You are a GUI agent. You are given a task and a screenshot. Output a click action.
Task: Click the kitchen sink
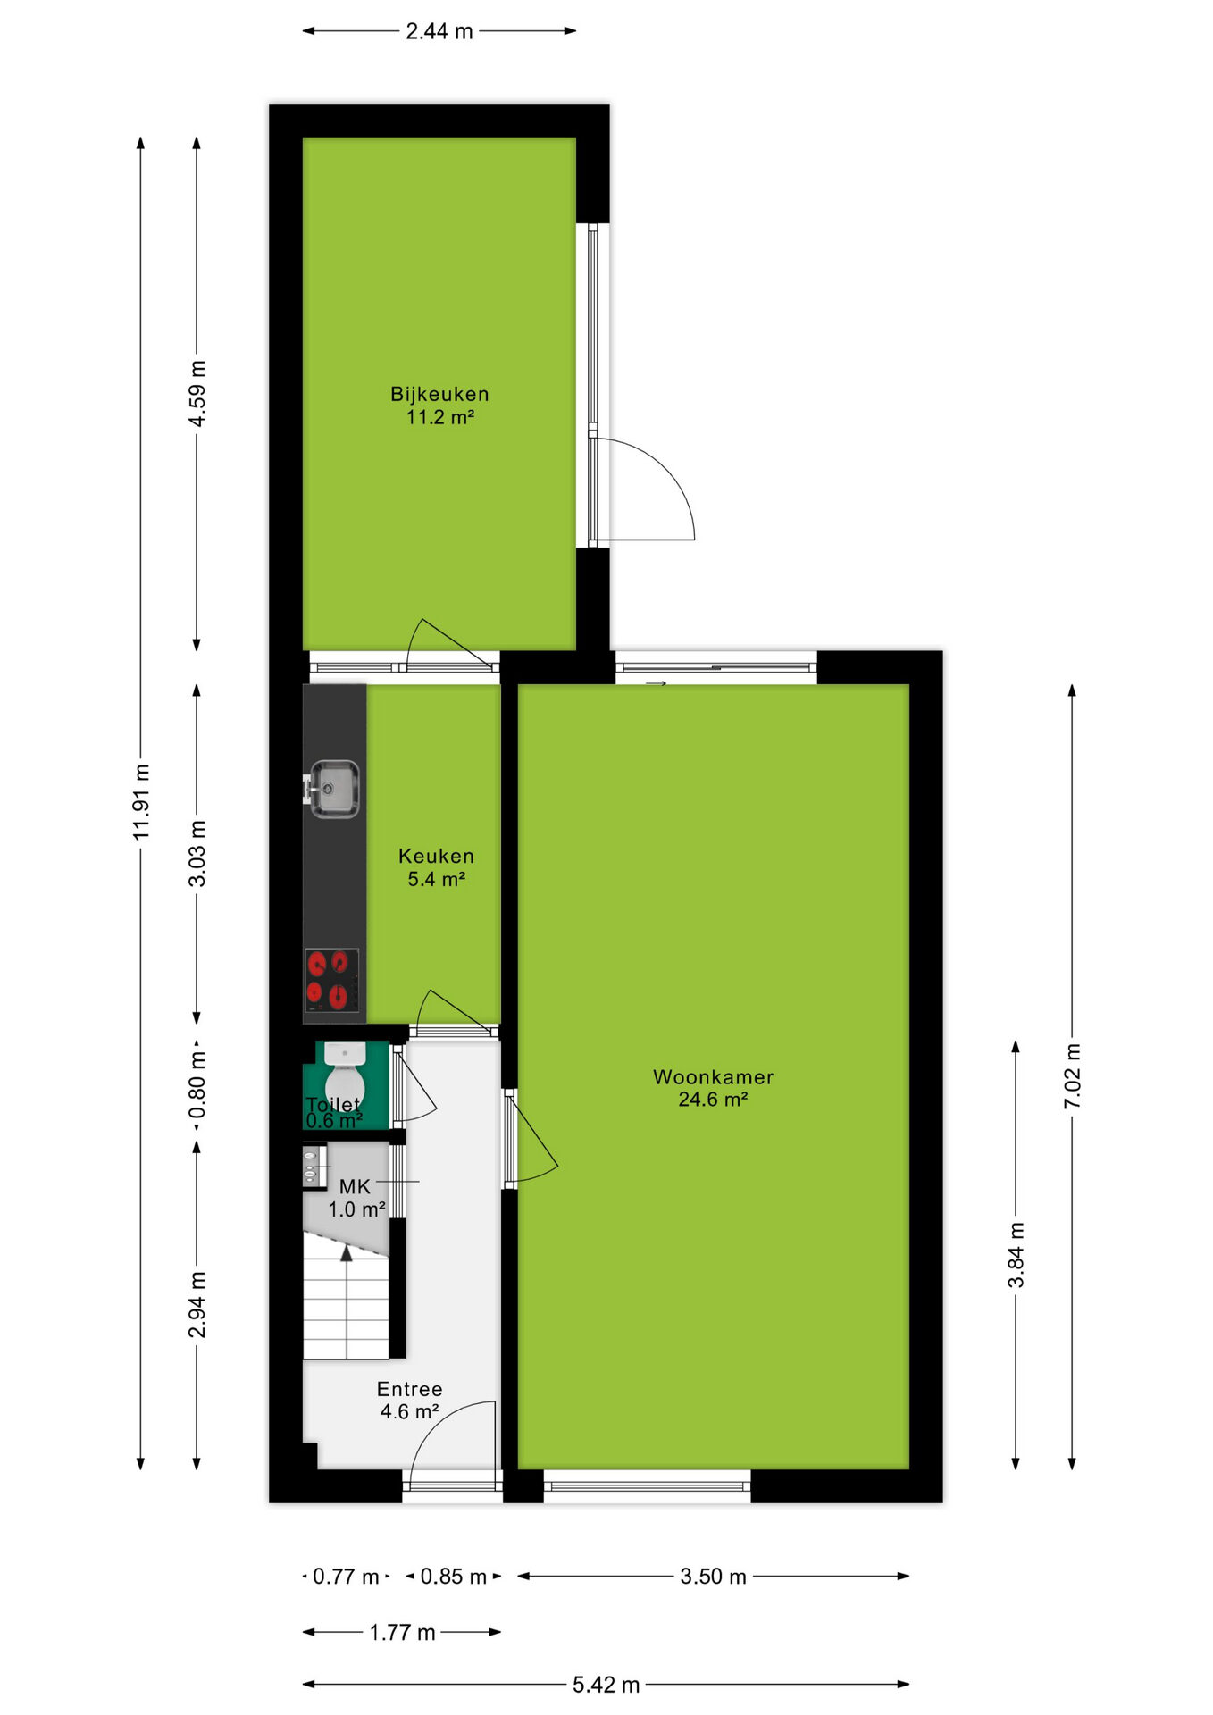click(334, 788)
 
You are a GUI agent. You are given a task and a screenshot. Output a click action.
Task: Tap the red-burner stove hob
click(331, 981)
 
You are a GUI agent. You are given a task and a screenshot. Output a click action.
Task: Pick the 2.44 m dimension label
click(439, 31)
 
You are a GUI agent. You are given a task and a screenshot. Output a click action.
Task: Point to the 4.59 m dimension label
click(197, 394)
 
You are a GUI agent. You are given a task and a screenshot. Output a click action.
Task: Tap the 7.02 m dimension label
click(1073, 1076)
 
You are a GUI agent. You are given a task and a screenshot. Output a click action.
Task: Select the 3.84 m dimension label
click(1016, 1255)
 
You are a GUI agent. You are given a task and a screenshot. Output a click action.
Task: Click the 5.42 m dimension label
click(606, 1685)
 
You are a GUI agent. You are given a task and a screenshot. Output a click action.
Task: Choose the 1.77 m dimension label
click(403, 1633)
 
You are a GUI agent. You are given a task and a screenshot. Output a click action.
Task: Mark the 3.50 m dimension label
click(713, 1577)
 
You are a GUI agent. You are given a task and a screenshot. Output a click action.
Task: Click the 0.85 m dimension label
click(454, 1577)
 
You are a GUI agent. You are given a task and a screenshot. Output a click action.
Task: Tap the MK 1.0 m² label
click(356, 1199)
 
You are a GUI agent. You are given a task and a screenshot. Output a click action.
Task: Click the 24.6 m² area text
click(713, 1100)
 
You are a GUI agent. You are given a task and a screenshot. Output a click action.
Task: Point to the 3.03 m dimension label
click(197, 854)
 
